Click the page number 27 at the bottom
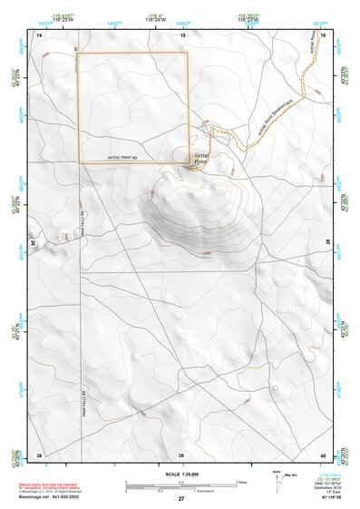pyautogui.click(x=180, y=498)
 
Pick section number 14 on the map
pyautogui.click(x=39, y=34)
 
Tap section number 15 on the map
pyautogui.click(x=182, y=34)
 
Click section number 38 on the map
pyautogui.click(x=39, y=455)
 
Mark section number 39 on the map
pyautogui.click(x=180, y=455)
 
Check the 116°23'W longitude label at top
pyautogui.click(x=248, y=19)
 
